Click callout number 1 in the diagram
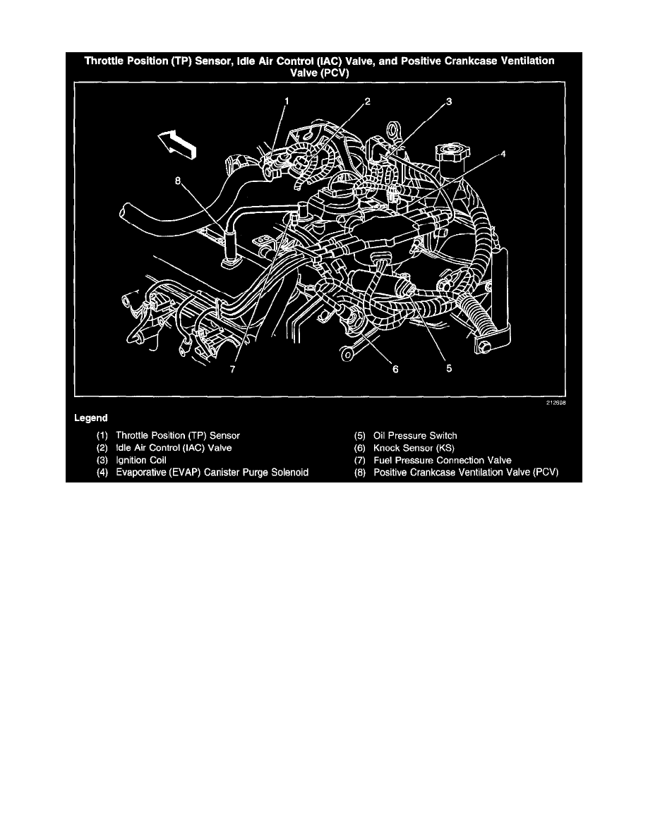tap(287, 102)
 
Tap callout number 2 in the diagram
tap(367, 102)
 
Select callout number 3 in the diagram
tap(449, 102)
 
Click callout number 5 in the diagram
tap(449, 367)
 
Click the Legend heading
tap(91, 418)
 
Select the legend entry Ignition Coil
tap(141, 460)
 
